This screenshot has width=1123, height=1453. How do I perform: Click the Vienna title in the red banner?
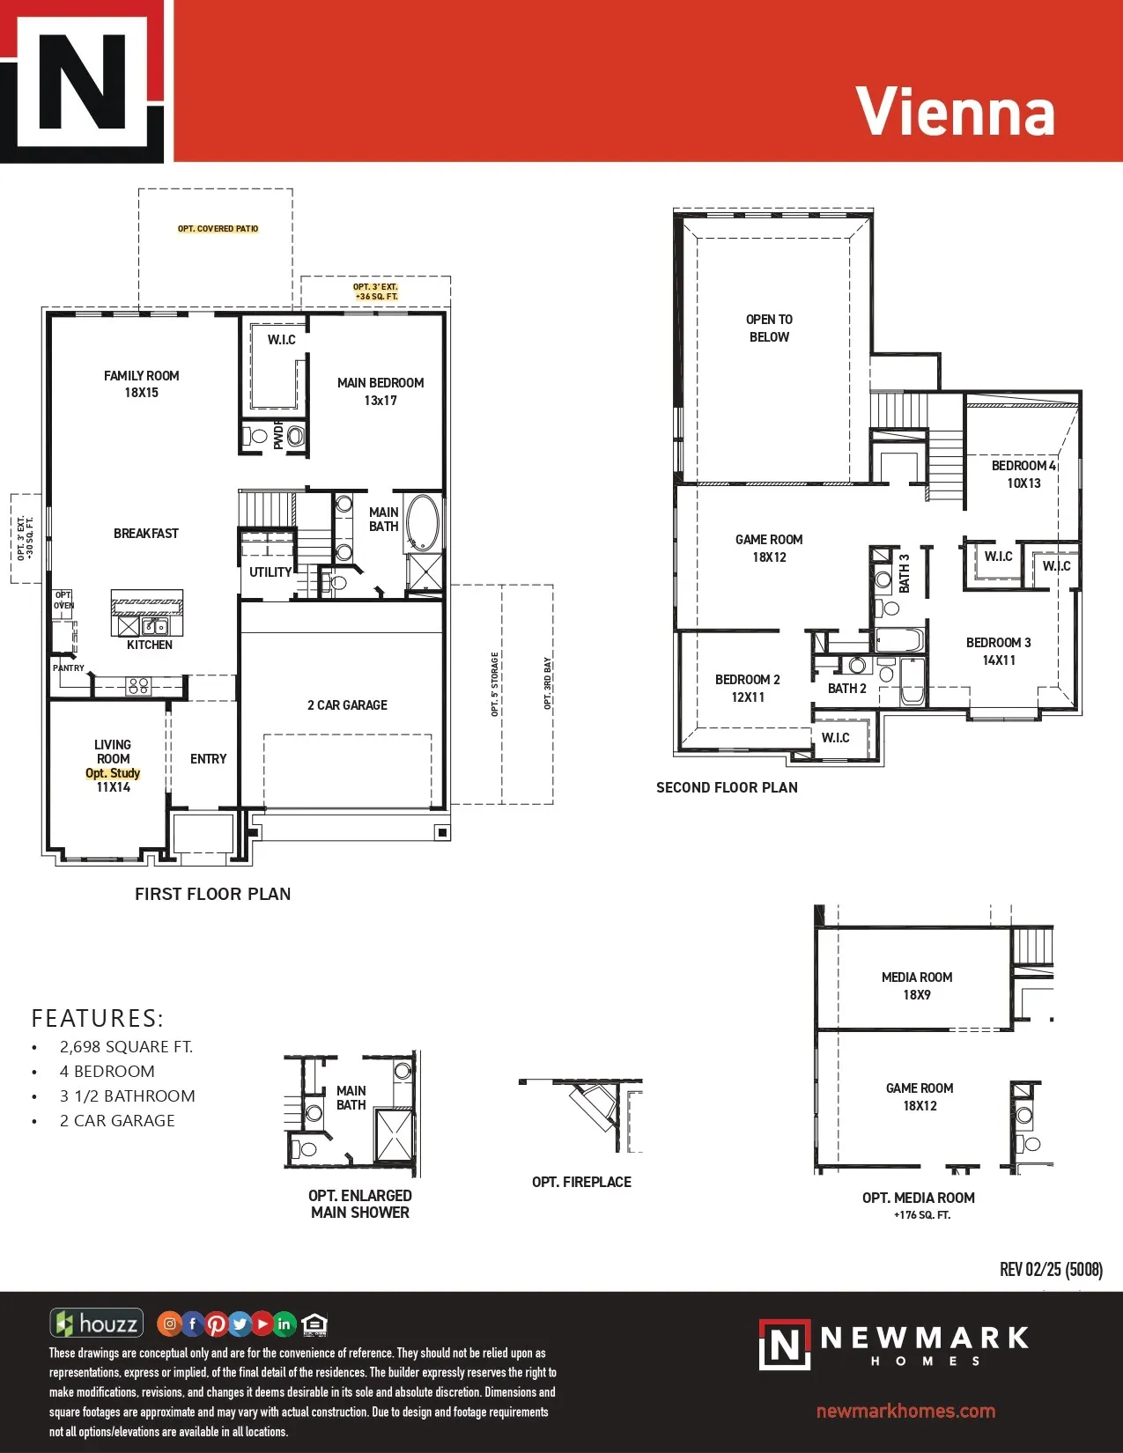pos(955,112)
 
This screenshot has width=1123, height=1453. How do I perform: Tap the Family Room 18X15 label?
pos(141,384)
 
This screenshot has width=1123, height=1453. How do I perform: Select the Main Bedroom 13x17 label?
pos(380,391)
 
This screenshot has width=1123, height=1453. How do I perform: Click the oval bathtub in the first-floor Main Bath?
pos(423,521)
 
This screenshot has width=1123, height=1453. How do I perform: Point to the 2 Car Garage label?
pos(347,704)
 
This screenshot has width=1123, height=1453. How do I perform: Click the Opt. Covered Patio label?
pos(218,229)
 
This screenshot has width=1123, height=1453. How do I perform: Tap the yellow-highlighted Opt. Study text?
pos(113,773)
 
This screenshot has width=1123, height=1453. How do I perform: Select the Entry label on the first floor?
pos(208,759)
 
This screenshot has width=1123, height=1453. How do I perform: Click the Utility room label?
pos(270,572)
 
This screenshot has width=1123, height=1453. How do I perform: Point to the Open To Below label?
pos(769,328)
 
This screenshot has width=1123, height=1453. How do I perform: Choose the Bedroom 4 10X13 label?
pos(1023,474)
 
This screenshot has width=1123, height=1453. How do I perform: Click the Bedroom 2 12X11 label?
pos(747,688)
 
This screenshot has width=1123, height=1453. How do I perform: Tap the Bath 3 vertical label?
pos(905,573)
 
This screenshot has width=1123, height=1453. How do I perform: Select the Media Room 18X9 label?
pos(916,985)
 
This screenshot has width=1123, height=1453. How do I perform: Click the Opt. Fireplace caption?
pos(581,1182)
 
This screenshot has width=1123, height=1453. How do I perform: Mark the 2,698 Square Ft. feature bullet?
pos(126,1046)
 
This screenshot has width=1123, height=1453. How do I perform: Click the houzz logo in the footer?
pos(96,1323)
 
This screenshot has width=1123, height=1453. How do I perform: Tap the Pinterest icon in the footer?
pos(216,1324)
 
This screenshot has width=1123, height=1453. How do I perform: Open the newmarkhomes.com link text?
pos(905,1411)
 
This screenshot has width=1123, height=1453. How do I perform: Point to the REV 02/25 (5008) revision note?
pos(1051,1269)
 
